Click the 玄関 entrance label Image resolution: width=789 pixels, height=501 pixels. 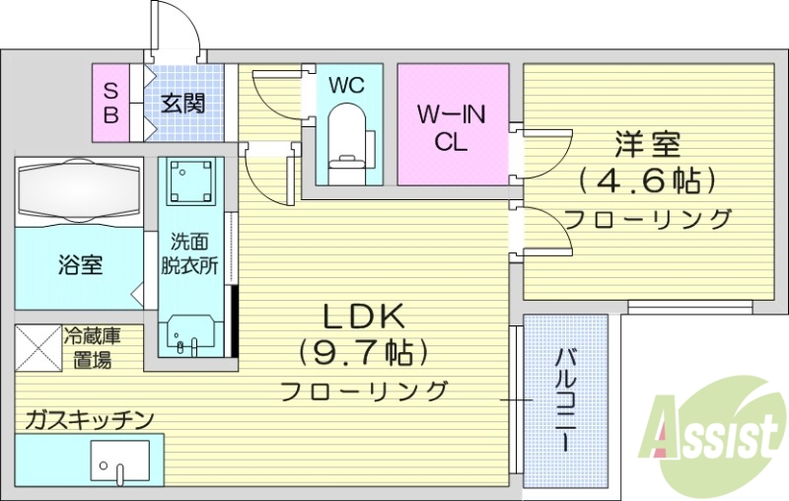183,102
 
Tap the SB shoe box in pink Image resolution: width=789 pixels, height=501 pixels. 111,103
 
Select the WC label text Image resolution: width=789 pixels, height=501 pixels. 346,85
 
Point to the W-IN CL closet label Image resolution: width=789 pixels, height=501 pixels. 452,127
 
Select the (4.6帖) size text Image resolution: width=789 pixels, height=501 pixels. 647,180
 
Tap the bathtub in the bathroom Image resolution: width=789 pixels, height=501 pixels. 77,187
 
